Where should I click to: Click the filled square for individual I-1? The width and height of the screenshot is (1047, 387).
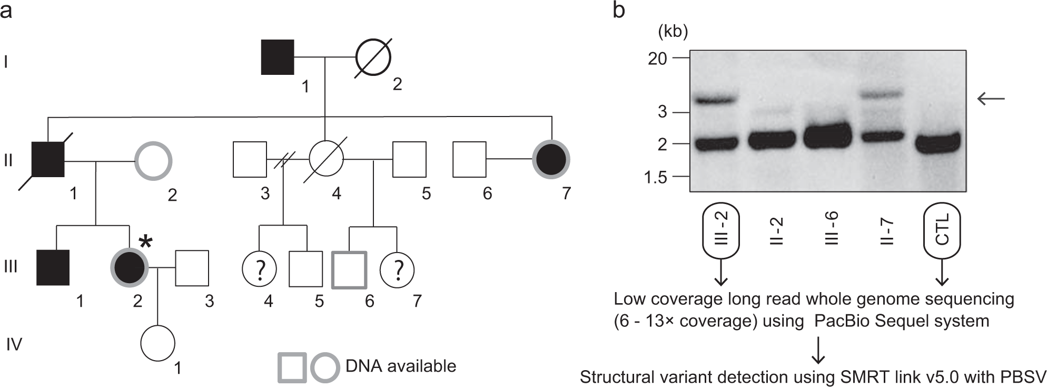click(278, 57)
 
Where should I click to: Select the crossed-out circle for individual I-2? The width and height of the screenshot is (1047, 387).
click(373, 57)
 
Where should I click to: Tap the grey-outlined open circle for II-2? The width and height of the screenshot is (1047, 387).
click(153, 160)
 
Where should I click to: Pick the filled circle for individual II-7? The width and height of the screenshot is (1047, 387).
click(551, 159)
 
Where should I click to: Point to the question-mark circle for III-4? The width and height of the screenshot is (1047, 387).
click(259, 270)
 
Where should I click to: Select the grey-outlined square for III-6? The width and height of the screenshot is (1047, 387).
click(349, 270)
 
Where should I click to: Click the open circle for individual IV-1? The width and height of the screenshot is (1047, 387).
click(158, 343)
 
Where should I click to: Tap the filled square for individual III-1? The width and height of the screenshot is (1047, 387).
click(53, 267)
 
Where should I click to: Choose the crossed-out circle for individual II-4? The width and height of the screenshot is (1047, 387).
click(326, 159)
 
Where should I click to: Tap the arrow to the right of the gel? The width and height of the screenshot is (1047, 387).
click(991, 98)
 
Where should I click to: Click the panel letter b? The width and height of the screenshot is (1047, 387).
click(619, 10)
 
